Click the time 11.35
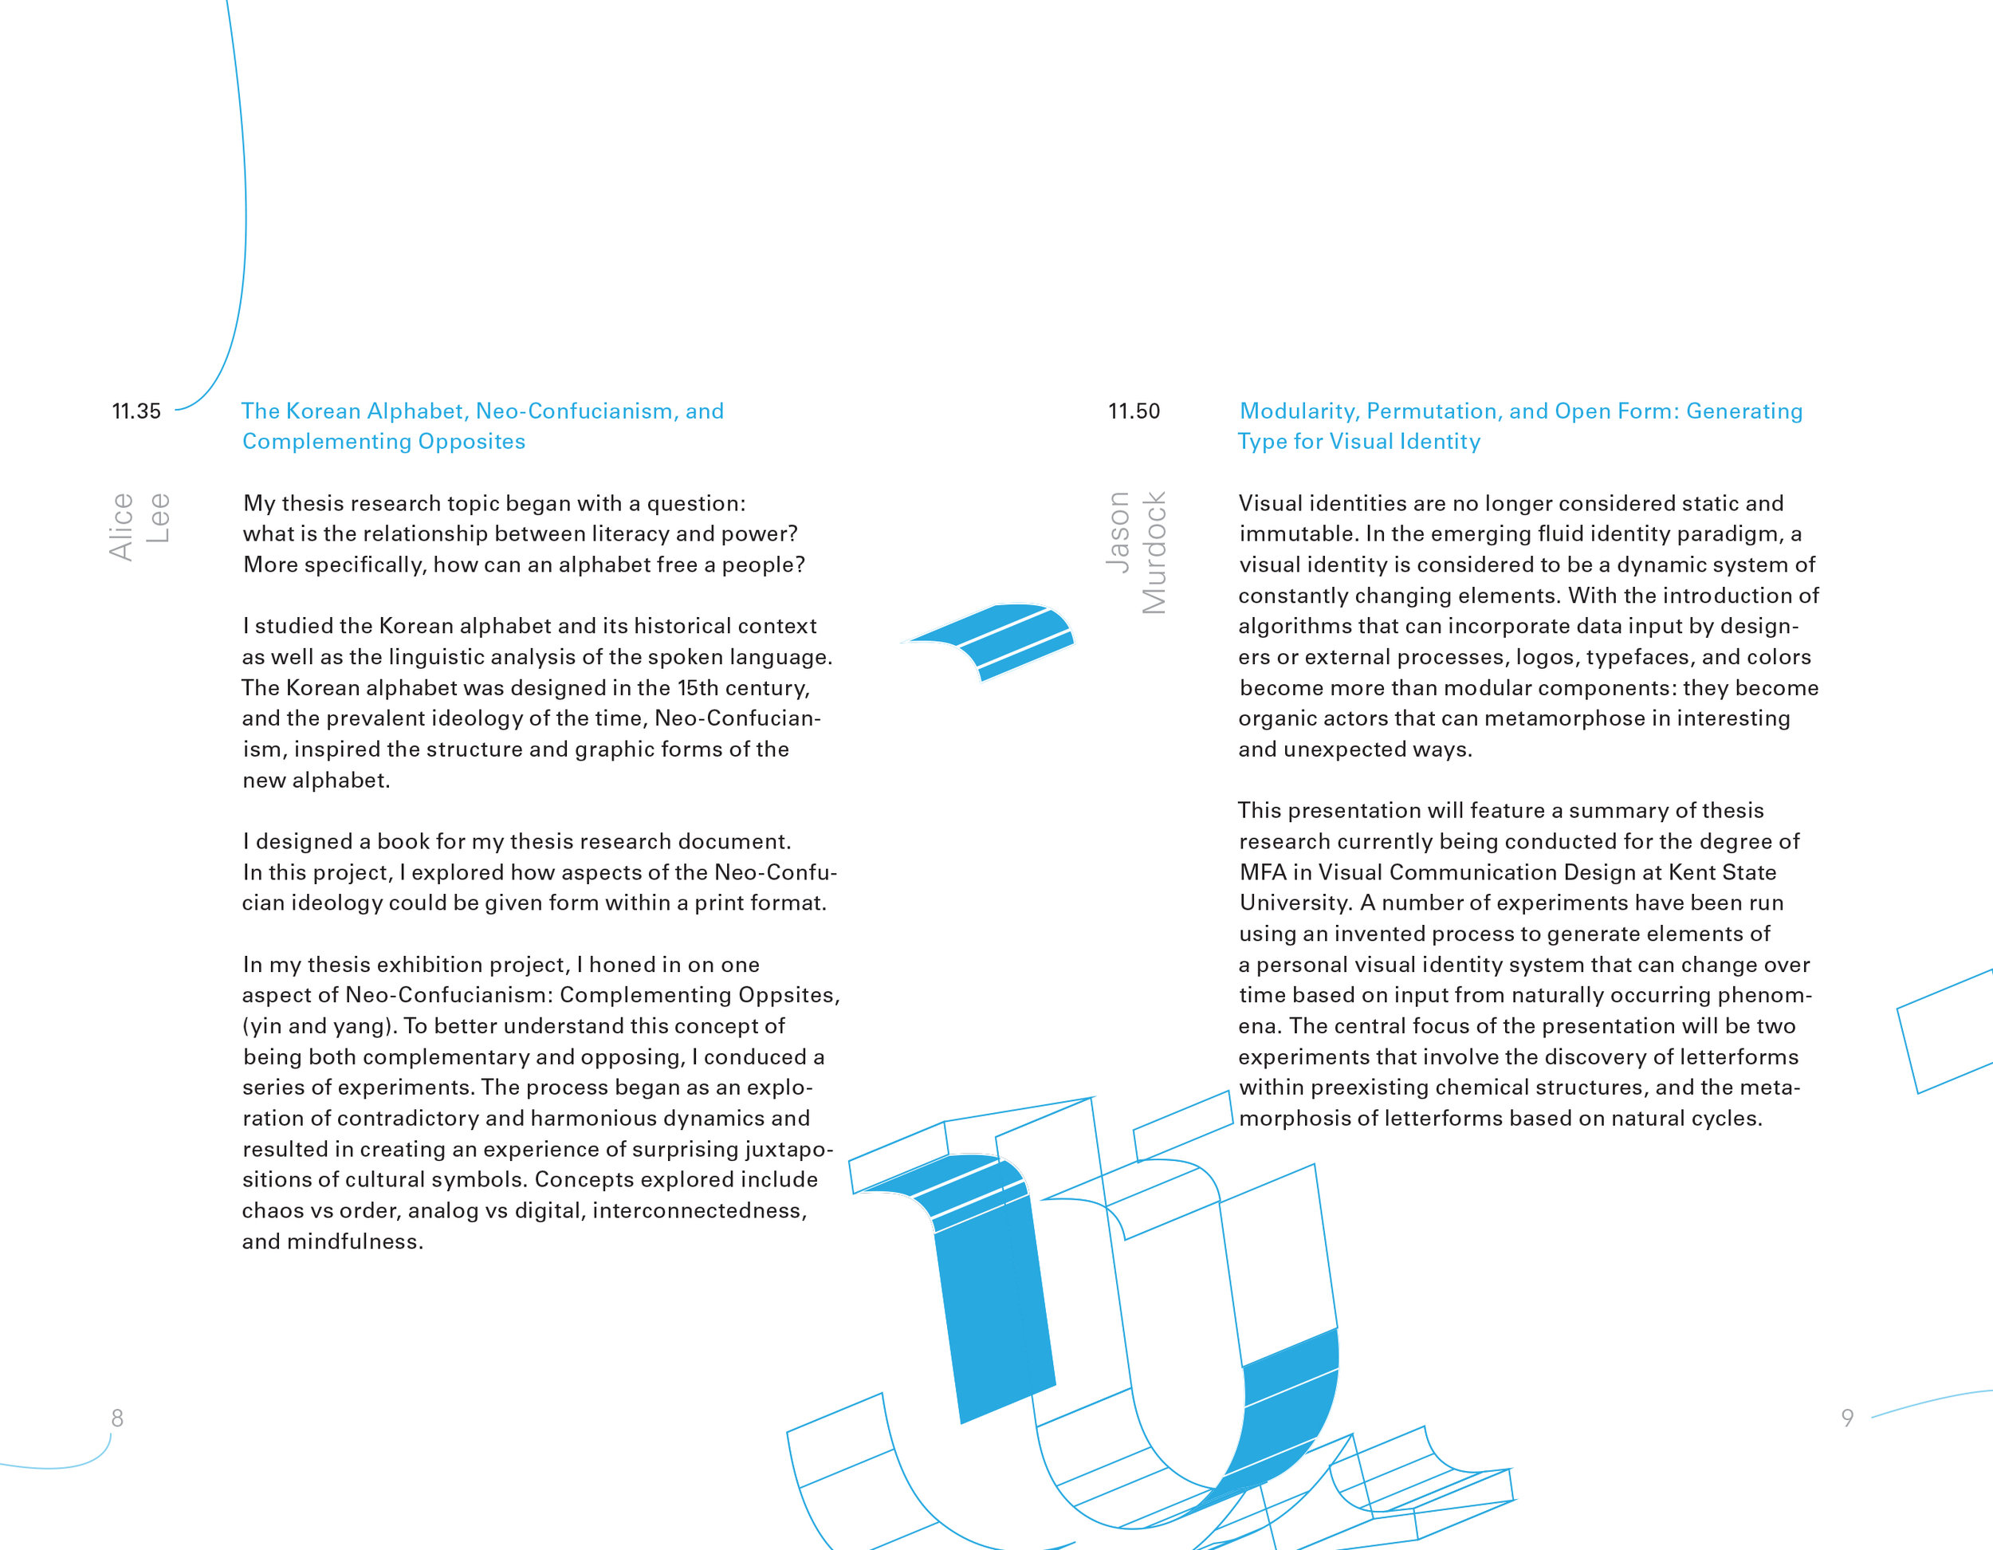point(136,411)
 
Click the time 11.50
point(1134,411)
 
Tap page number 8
point(117,1418)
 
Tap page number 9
point(1847,1418)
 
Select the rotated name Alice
point(121,527)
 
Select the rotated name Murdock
point(1154,553)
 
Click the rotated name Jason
point(1118,532)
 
